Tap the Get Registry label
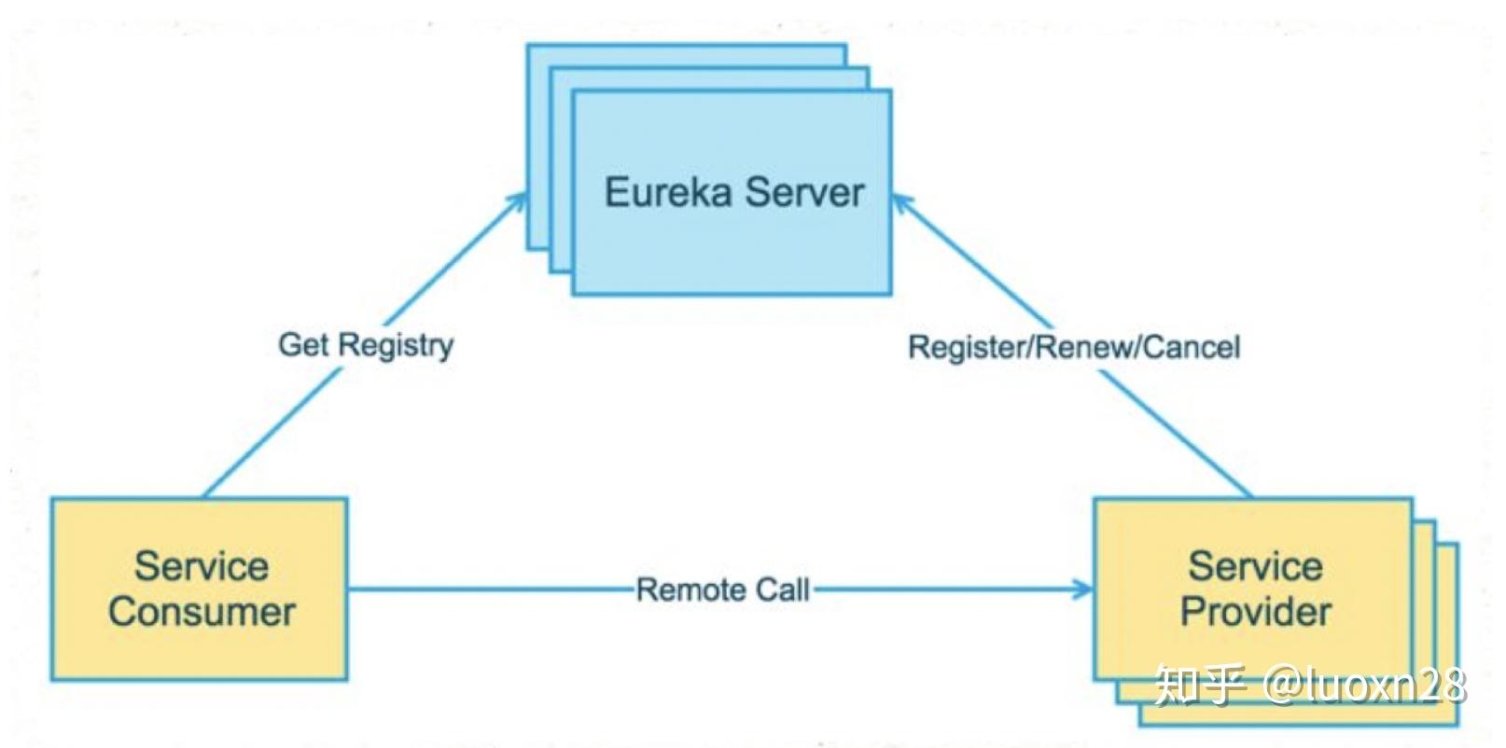[x=366, y=345]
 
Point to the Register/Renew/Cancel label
[x=1074, y=347]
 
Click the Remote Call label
[x=722, y=589]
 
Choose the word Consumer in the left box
[x=202, y=612]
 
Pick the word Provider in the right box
[x=1255, y=612]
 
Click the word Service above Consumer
[x=202, y=566]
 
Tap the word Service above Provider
[x=1255, y=566]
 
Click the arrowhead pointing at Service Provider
[x=1084, y=589]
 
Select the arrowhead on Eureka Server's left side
[x=519, y=202]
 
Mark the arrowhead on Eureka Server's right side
[x=901, y=202]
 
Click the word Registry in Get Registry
[x=396, y=346]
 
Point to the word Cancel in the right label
[x=1191, y=347]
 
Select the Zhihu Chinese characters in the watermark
[x=1200, y=686]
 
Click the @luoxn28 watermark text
[x=1364, y=686]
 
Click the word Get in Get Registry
[x=304, y=344]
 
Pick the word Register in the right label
[x=967, y=347]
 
